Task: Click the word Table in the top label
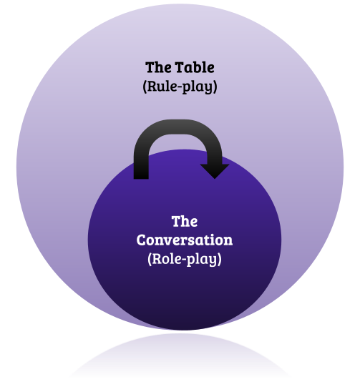195,67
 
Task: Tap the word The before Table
158,67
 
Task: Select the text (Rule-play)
180,87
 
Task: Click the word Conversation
185,240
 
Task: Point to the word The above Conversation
185,221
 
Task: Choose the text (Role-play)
185,259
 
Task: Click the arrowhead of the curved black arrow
215,170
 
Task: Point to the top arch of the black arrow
177,127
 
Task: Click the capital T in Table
180,67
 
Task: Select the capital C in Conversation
142,240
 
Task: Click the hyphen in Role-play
183,260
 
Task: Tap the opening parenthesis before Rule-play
145,87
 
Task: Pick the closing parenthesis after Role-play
219,259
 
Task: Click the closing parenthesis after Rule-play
215,87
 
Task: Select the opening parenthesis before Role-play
150,259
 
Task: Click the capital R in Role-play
157,259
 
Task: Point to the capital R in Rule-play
152,86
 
